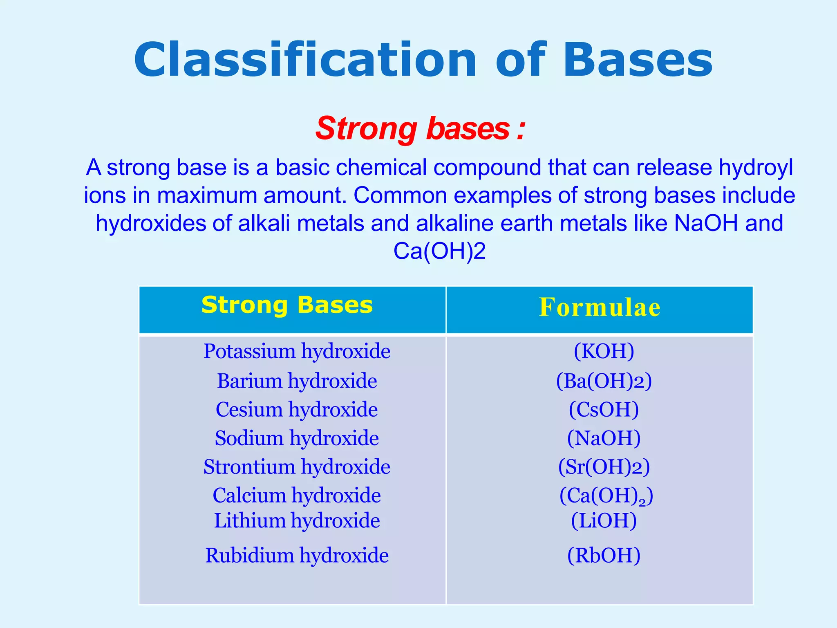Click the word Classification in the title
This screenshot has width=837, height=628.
pyautogui.click(x=305, y=61)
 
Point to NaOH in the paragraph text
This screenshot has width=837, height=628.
pyautogui.click(x=706, y=223)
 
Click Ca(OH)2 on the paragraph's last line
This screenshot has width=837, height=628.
pyautogui.click(x=439, y=251)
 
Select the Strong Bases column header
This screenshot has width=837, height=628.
pyautogui.click(x=287, y=305)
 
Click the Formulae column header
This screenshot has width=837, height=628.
pyautogui.click(x=600, y=307)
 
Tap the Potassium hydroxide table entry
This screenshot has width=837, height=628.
pyautogui.click(x=297, y=351)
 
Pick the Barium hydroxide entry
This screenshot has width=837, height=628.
pyautogui.click(x=297, y=381)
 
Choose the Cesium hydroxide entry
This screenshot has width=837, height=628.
pyautogui.click(x=297, y=410)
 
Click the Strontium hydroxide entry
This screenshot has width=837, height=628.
pyautogui.click(x=297, y=467)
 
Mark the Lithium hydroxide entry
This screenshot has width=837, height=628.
pyautogui.click(x=297, y=521)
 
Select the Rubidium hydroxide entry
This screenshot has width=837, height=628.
pyautogui.click(x=297, y=556)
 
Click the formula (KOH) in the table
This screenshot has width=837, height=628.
pyautogui.click(x=604, y=351)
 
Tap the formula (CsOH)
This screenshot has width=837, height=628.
pyautogui.click(x=604, y=410)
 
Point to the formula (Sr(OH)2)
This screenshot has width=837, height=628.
pyautogui.click(x=604, y=467)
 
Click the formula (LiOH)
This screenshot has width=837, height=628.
pyautogui.click(x=604, y=521)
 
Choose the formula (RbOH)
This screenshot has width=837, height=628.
pyautogui.click(x=604, y=556)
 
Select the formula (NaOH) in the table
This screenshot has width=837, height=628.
pyautogui.click(x=604, y=438)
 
